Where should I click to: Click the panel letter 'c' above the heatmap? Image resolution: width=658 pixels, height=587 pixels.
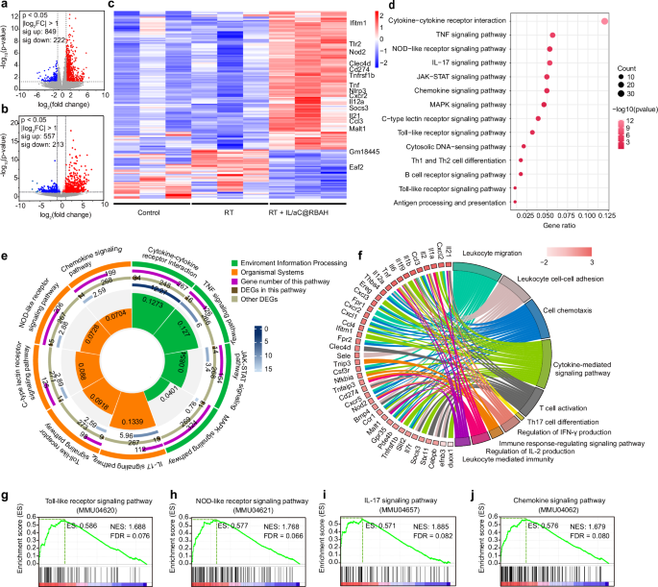tap(113, 6)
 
